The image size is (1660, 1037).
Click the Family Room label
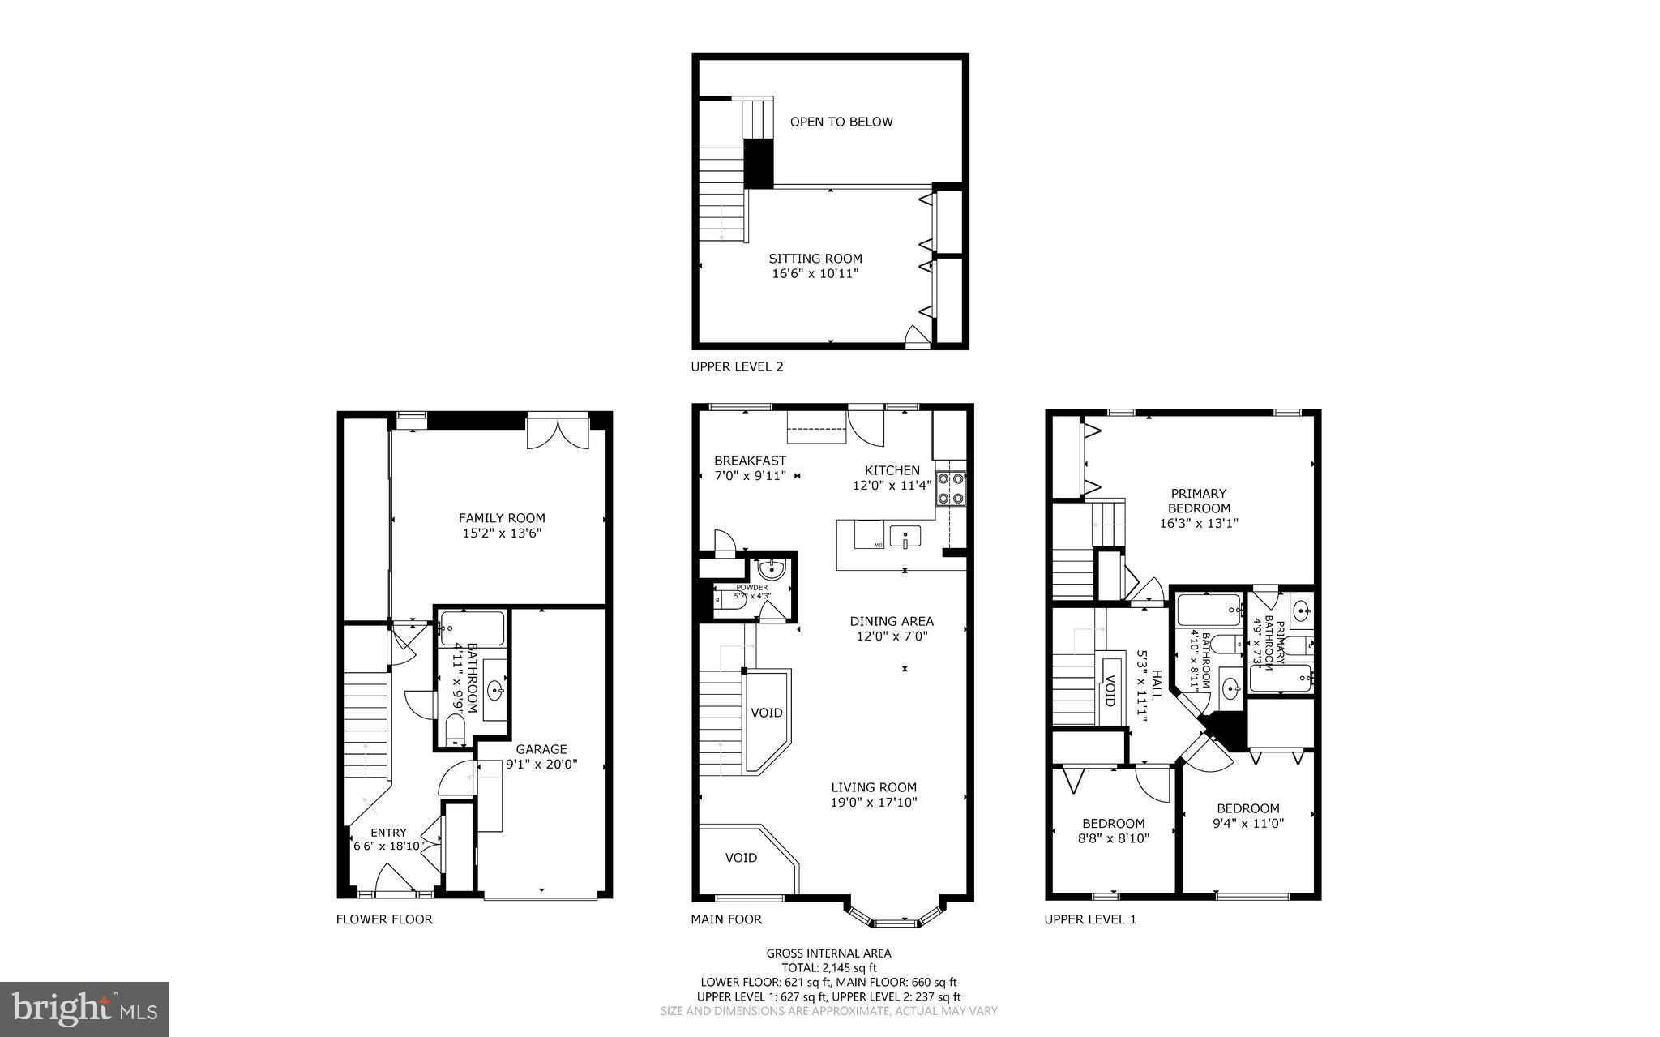pyautogui.click(x=502, y=518)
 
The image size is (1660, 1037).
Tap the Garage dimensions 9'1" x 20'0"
pyautogui.click(x=541, y=764)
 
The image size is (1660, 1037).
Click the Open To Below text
pyautogui.click(x=841, y=122)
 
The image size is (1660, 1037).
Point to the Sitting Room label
pyautogui.click(x=815, y=259)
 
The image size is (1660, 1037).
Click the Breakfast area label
pyautogui.click(x=750, y=461)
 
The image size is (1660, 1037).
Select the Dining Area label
pyautogui.click(x=892, y=621)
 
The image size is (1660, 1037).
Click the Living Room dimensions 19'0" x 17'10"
pyautogui.click(x=874, y=803)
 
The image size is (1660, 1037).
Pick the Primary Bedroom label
pyautogui.click(x=1199, y=500)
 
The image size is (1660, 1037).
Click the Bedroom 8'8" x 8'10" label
pyautogui.click(x=1113, y=823)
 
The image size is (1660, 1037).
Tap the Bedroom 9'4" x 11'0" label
pyautogui.click(x=1247, y=808)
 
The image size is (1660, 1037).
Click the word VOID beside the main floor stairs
pyautogui.click(x=766, y=713)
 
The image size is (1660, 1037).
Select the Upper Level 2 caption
pyautogui.click(x=737, y=366)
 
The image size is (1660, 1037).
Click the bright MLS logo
pyautogui.click(x=84, y=1009)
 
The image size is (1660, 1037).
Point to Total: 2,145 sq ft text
pyautogui.click(x=828, y=967)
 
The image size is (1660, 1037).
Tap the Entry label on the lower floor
pyautogui.click(x=388, y=833)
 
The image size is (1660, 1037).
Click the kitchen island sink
pyautogui.click(x=905, y=537)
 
